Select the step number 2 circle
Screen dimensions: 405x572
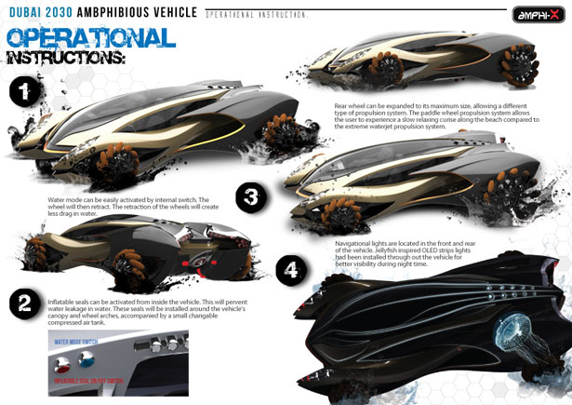point(25,304)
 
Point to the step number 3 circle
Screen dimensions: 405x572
point(249,196)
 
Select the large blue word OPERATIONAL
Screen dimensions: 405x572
point(90,37)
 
